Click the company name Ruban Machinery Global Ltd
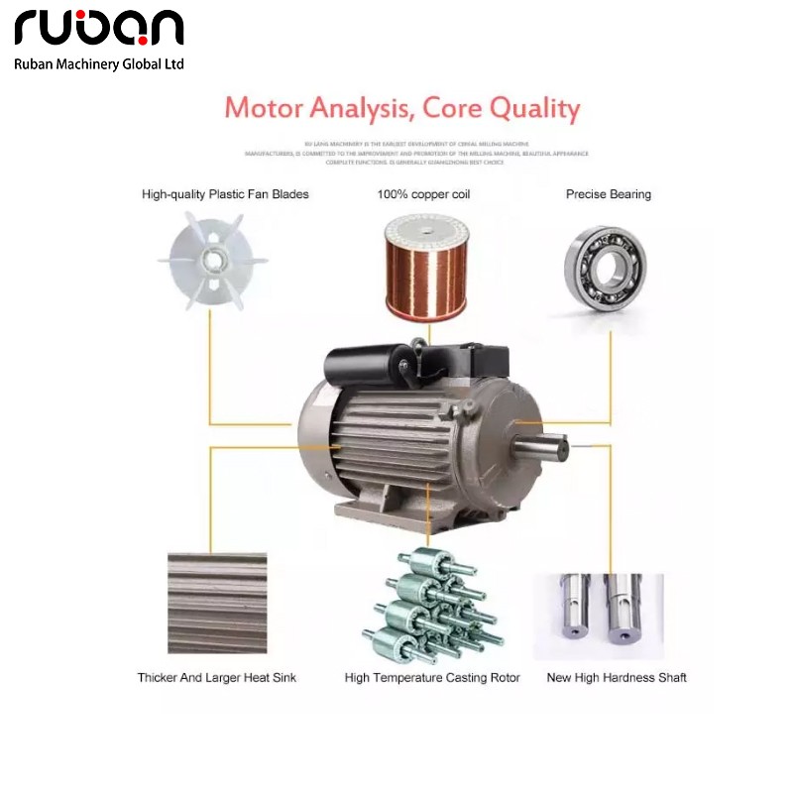click(x=99, y=63)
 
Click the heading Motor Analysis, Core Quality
click(x=401, y=108)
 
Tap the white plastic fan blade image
click(x=213, y=262)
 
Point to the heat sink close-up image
click(x=217, y=603)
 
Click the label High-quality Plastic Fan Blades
click(x=225, y=194)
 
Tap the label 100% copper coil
click(x=423, y=194)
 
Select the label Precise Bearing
click(x=609, y=194)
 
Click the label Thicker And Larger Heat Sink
click(x=217, y=678)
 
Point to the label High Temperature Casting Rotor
click(x=432, y=678)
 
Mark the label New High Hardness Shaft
click(x=617, y=678)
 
